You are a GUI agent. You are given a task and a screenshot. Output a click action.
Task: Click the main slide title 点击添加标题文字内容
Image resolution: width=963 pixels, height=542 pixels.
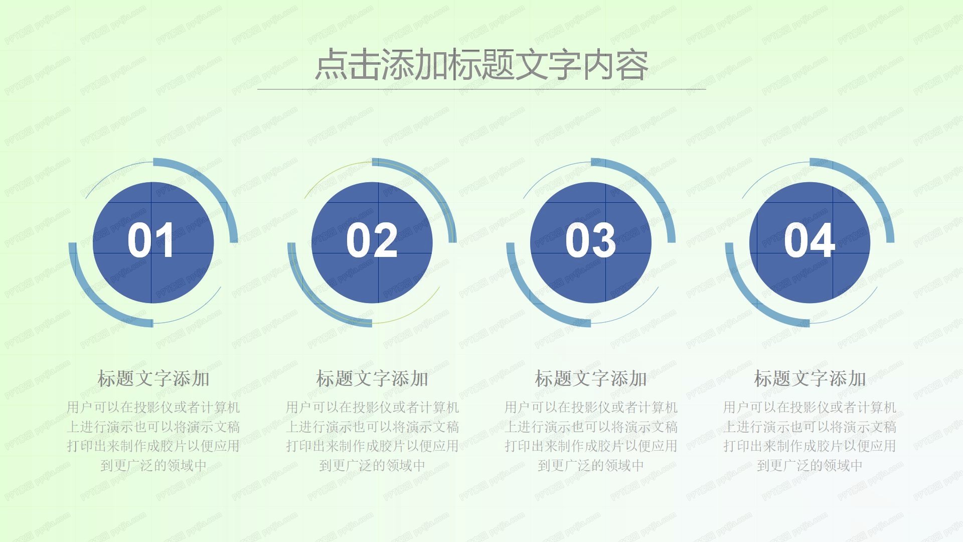481,65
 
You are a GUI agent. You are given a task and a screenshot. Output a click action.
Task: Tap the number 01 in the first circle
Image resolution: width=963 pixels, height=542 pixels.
150,241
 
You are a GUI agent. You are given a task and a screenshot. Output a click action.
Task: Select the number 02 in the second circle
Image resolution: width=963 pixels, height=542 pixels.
372,241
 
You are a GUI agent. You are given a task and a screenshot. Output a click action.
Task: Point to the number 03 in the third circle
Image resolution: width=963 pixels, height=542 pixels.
590,241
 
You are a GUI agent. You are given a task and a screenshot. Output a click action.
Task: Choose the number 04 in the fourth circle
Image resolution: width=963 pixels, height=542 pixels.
809,241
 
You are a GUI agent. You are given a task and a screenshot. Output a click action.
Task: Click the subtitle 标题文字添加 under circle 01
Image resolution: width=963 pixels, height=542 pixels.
153,379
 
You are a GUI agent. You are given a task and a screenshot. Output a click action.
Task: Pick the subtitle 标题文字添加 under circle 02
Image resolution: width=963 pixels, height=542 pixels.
372,379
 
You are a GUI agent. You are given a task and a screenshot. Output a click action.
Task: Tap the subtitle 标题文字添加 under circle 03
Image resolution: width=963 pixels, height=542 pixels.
591,379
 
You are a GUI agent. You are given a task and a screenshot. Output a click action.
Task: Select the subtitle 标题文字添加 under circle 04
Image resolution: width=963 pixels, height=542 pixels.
810,379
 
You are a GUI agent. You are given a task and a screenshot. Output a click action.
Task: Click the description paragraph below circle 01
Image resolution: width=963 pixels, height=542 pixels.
153,436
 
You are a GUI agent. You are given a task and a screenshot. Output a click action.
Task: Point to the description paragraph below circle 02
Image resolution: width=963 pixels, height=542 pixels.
372,436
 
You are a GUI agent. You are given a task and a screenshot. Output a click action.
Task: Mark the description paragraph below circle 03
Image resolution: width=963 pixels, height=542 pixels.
591,436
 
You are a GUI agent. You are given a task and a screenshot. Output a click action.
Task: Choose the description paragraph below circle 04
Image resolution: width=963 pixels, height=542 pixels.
810,436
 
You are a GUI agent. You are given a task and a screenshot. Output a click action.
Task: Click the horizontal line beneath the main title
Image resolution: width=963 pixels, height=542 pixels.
481,89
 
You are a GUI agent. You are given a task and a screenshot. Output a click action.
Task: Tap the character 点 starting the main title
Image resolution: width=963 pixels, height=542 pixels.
331,65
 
